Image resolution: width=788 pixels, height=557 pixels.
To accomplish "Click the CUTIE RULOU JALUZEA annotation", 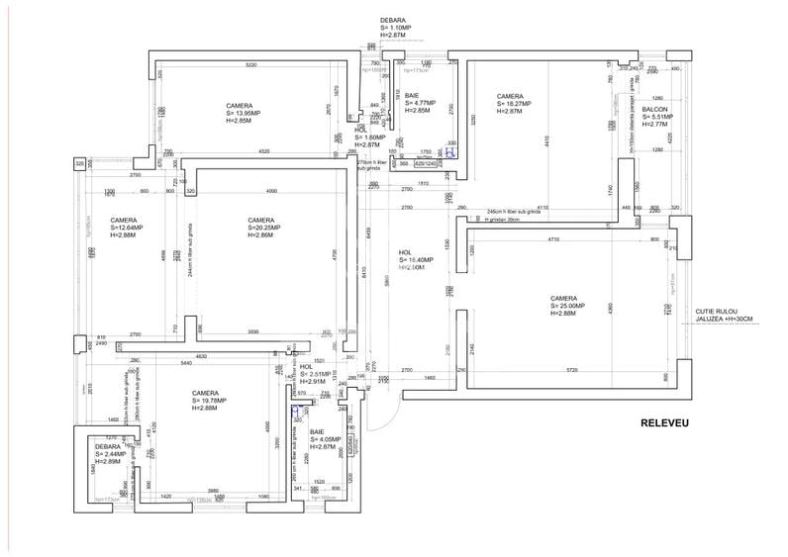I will click(x=724, y=314).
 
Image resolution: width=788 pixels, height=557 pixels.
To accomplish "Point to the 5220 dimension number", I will click(x=251, y=65).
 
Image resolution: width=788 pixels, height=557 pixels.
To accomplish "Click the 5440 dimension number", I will click(x=185, y=364).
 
